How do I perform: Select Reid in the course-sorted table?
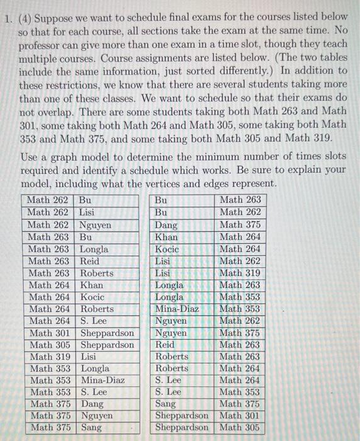[89, 260]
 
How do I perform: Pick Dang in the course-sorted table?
[92, 404]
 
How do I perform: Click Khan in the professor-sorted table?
[166, 237]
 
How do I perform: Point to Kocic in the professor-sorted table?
[167, 249]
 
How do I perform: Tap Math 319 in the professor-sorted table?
[240, 273]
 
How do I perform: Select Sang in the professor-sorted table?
[166, 404]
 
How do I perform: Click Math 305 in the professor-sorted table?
[240, 428]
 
